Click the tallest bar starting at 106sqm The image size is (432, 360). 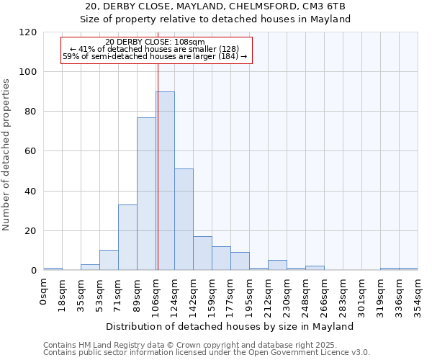tap(165, 181)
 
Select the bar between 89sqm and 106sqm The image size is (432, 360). tap(146, 194)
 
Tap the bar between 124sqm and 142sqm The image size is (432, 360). tap(184, 220)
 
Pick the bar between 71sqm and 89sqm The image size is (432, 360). tap(127, 238)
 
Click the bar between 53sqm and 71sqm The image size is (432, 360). tap(109, 260)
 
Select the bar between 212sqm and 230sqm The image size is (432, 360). tap(277, 265)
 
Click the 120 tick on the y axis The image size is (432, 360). tap(28, 32)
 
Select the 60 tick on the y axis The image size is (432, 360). tap(31, 151)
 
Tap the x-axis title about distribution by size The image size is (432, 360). tap(230, 326)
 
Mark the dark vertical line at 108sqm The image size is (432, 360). tap(158, 166)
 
